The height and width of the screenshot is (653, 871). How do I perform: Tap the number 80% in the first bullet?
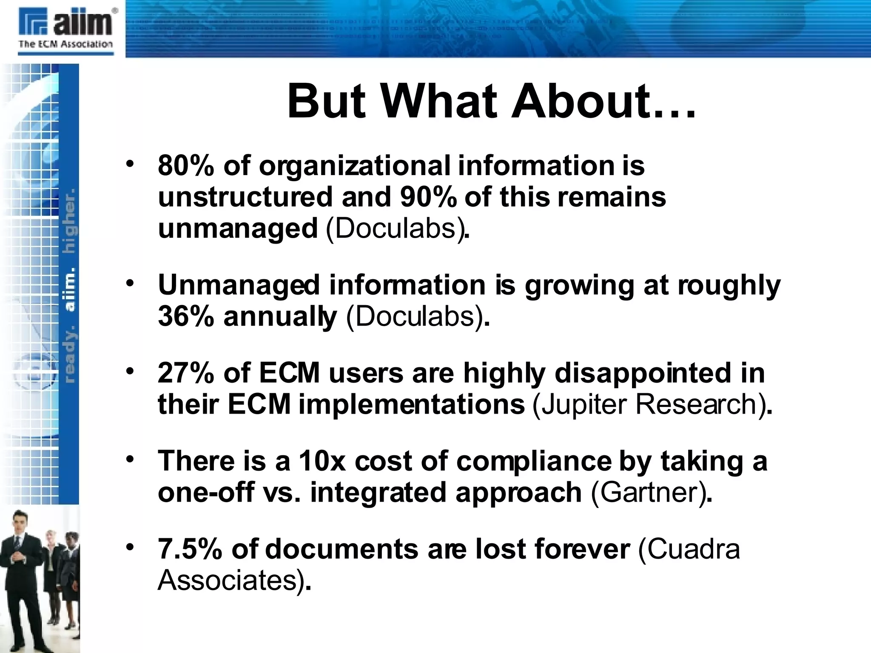185,165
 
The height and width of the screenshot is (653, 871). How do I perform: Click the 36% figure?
185,317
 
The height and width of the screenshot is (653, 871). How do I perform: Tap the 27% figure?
185,373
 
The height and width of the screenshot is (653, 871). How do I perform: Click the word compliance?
533,462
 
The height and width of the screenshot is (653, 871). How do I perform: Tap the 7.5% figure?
190,549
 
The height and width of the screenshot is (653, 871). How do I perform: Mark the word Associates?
228,580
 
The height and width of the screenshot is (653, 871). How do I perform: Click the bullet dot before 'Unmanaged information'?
130,283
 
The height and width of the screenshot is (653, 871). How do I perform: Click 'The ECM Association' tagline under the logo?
65,44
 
